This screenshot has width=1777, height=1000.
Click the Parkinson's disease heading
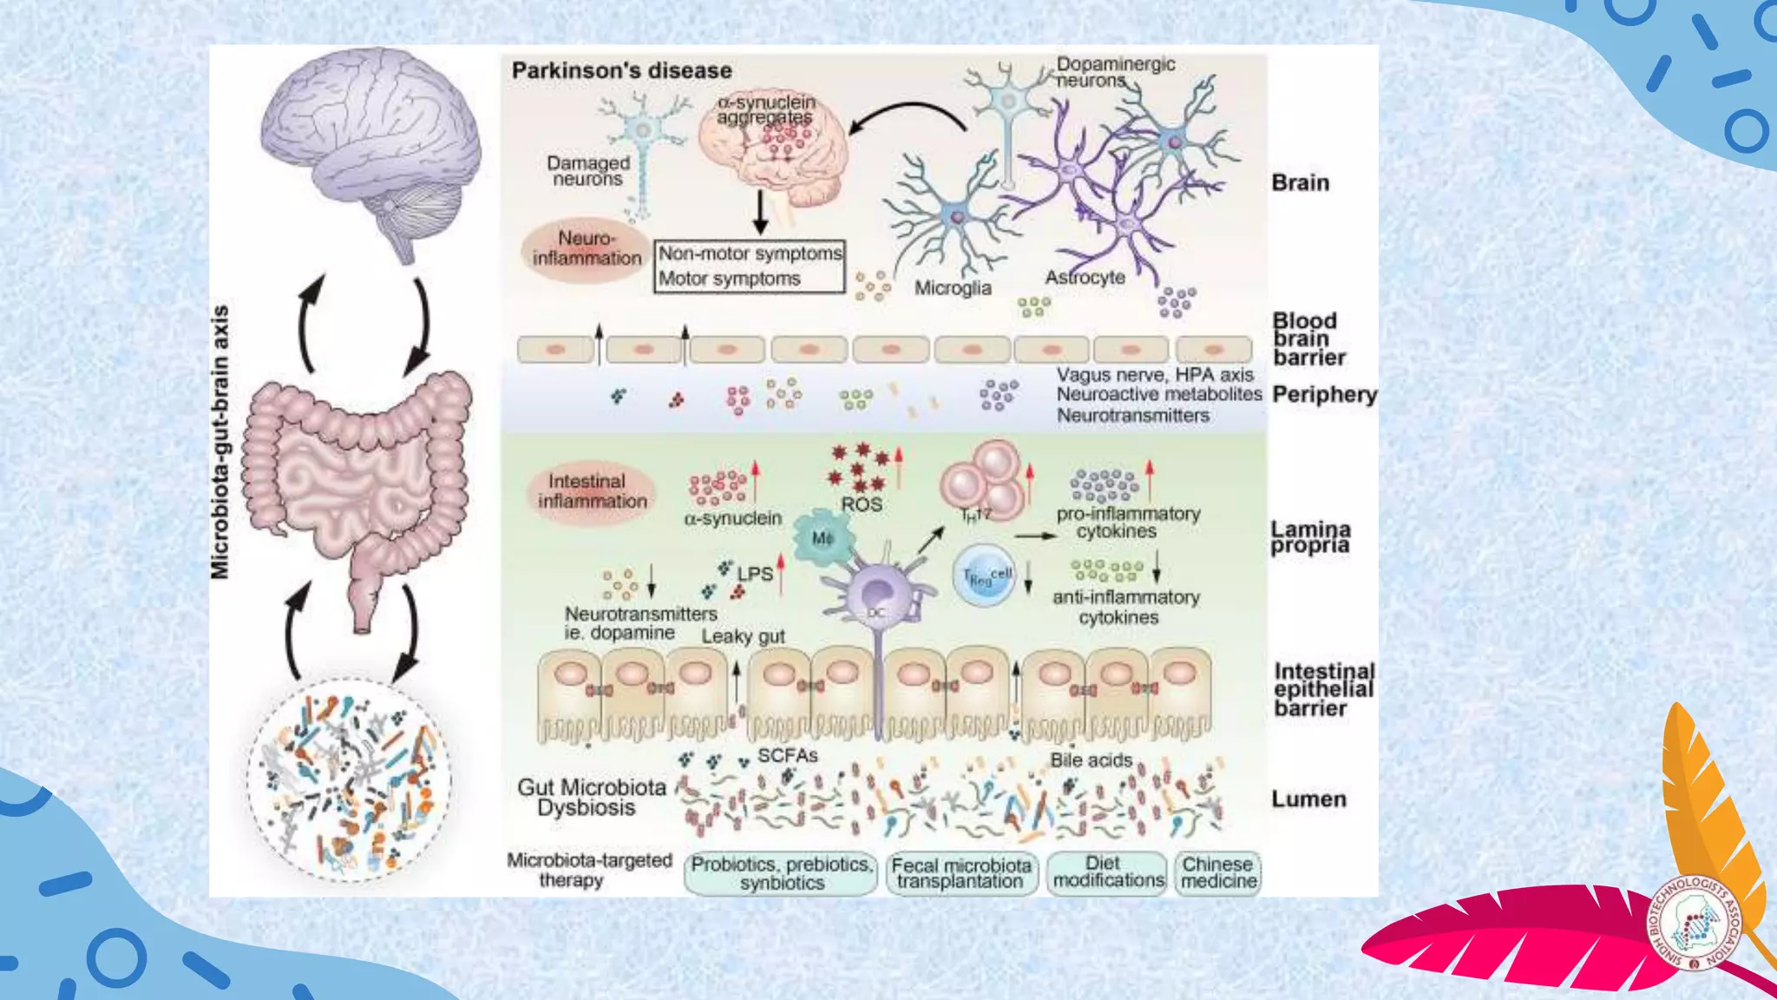coord(621,70)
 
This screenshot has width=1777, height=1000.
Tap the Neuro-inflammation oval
coord(587,248)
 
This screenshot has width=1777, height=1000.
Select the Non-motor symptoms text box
coord(750,253)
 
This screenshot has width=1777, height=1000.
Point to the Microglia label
coord(953,288)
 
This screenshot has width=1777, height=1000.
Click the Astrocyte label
coord(1085,278)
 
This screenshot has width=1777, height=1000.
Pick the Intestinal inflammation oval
coord(592,491)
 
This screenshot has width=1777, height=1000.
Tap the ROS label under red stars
coord(861,504)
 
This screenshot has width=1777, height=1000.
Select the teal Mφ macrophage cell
coord(822,538)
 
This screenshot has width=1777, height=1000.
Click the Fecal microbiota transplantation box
coord(961,873)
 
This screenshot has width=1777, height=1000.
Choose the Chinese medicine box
coord(1218,872)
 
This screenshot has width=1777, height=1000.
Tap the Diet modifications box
coord(1107,872)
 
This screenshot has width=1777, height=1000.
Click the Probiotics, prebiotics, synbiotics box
coord(781,873)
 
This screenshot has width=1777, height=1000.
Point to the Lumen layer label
coord(1308,799)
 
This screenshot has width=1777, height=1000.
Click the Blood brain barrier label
coord(1308,339)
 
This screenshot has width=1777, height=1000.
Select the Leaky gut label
coord(743,636)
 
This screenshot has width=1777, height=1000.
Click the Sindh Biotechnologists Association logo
coord(1695,922)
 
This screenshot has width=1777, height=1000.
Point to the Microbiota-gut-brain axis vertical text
coord(221,443)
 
